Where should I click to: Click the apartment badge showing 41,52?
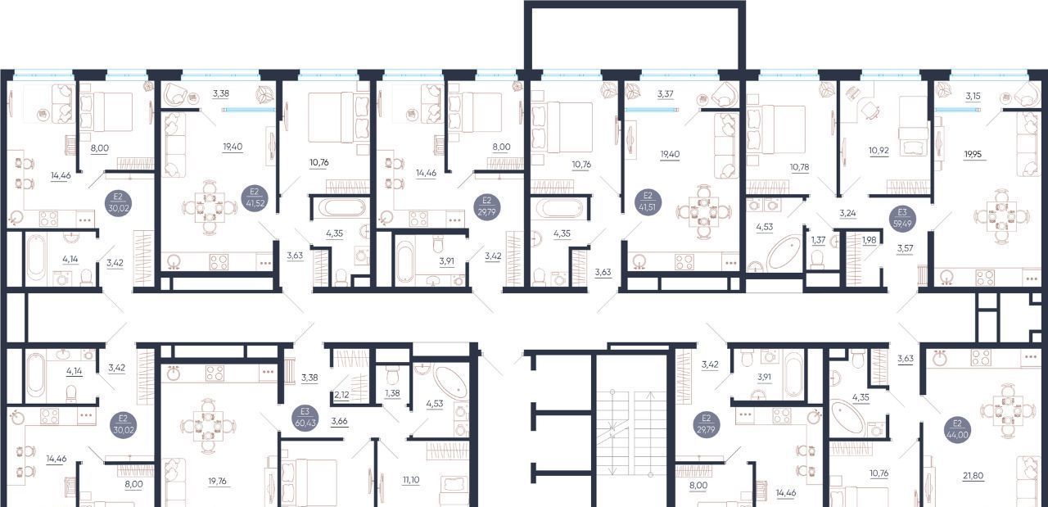(x=254, y=197)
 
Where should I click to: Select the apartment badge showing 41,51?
(x=648, y=201)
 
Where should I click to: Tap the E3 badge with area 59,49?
(x=902, y=218)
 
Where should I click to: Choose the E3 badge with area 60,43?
(x=305, y=418)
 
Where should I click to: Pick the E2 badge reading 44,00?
(x=957, y=429)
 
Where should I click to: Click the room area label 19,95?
(x=973, y=154)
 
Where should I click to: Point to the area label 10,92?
(x=879, y=151)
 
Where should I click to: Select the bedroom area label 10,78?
(x=799, y=166)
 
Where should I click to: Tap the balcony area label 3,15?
(x=973, y=96)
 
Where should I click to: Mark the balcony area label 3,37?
(x=666, y=93)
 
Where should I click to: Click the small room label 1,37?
(x=818, y=240)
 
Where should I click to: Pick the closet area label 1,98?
(x=870, y=240)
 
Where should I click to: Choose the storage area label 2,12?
(x=341, y=395)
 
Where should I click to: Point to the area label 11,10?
(x=411, y=480)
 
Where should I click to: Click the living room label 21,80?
(x=973, y=476)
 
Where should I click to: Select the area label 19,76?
(x=218, y=481)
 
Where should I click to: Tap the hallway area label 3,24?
(x=847, y=214)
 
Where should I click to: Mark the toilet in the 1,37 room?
(x=817, y=260)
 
